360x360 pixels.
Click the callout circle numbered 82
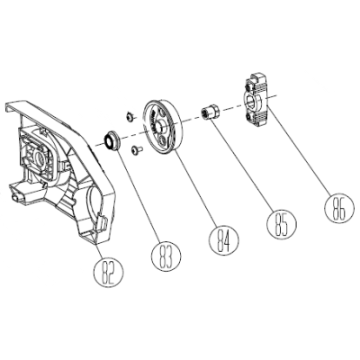(x=109, y=272)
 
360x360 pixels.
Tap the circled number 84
(x=224, y=239)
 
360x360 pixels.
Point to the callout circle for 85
(x=282, y=223)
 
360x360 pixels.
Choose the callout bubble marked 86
(x=339, y=209)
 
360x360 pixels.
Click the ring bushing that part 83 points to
(x=112, y=140)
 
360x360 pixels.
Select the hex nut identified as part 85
(x=211, y=112)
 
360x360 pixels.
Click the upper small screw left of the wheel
(x=130, y=116)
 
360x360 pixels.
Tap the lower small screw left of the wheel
(x=137, y=149)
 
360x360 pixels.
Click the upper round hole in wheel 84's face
(x=160, y=112)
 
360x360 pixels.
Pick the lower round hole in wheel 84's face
(x=163, y=139)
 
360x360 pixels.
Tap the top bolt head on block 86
(x=248, y=86)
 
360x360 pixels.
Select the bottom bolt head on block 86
(x=249, y=117)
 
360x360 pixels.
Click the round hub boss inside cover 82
(x=39, y=156)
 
